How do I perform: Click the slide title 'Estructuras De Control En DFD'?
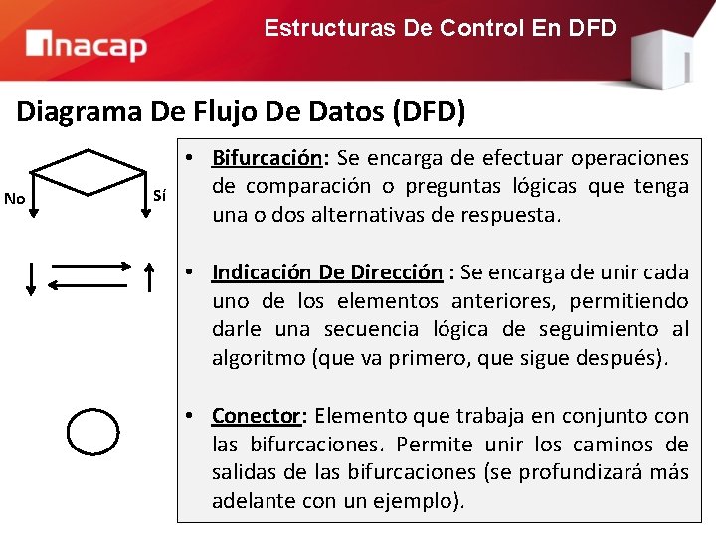440,28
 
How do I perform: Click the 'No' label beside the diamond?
15,198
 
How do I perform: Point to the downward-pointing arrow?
31,277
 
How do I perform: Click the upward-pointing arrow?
150,277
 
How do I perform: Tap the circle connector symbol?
92,431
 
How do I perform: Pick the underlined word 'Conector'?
256,416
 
